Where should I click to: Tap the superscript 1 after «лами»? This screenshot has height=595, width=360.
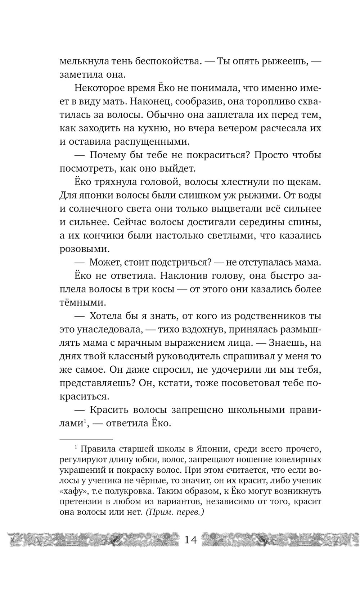[85, 421]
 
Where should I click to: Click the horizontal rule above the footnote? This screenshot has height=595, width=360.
[86, 440]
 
